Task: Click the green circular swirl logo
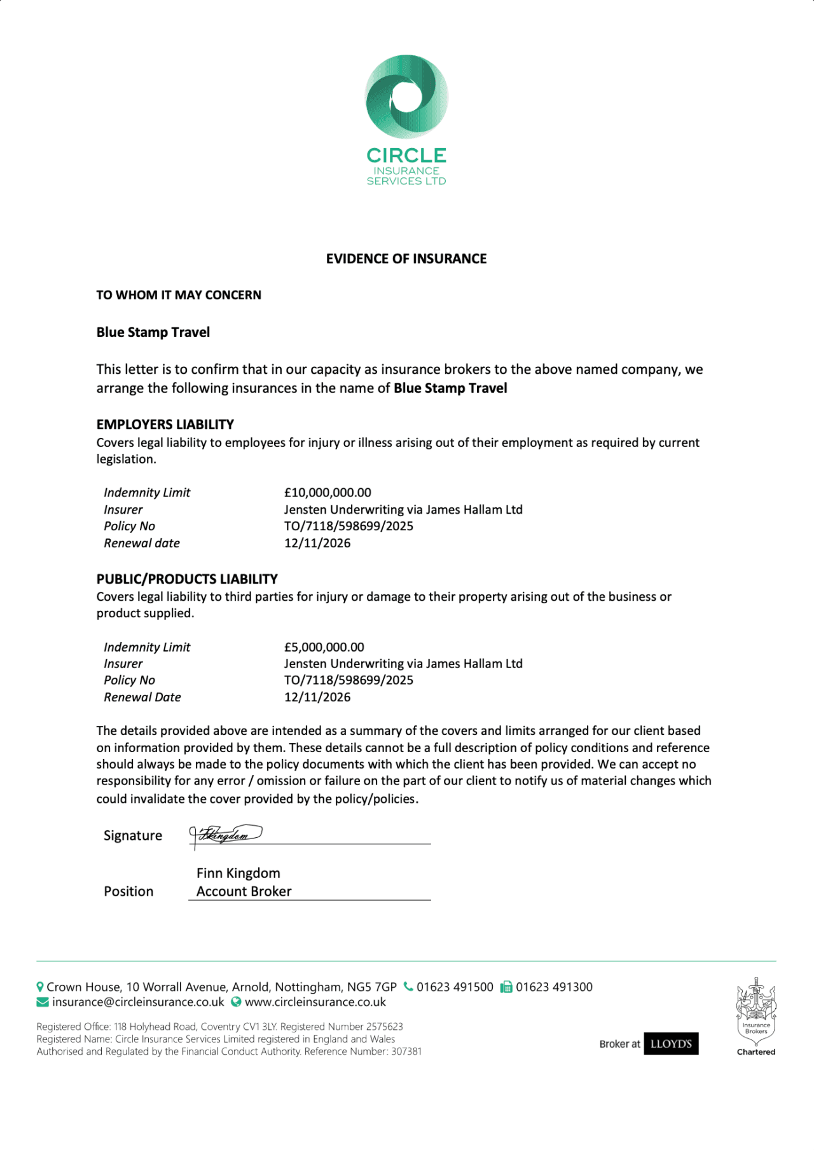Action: pos(406,97)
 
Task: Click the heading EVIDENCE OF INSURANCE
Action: pos(406,259)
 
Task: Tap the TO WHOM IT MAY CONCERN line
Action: pos(179,295)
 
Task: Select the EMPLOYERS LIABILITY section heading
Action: pos(165,424)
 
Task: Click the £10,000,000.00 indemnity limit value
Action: pos(328,493)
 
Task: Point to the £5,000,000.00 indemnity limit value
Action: pos(324,647)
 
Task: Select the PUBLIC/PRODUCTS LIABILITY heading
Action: pos(187,579)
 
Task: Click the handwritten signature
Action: pos(226,835)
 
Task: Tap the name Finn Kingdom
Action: pos(238,873)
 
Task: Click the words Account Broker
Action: pos(244,891)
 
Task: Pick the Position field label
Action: pos(128,891)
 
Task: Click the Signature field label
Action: pos(133,835)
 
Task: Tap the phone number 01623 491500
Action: pos(455,987)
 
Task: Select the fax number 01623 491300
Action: pos(554,987)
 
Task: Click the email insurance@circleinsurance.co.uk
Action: pos(138,1002)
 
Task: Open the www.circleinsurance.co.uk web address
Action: pos(315,1002)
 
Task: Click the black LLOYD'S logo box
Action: pos(671,1043)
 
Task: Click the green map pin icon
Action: pos(40,987)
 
